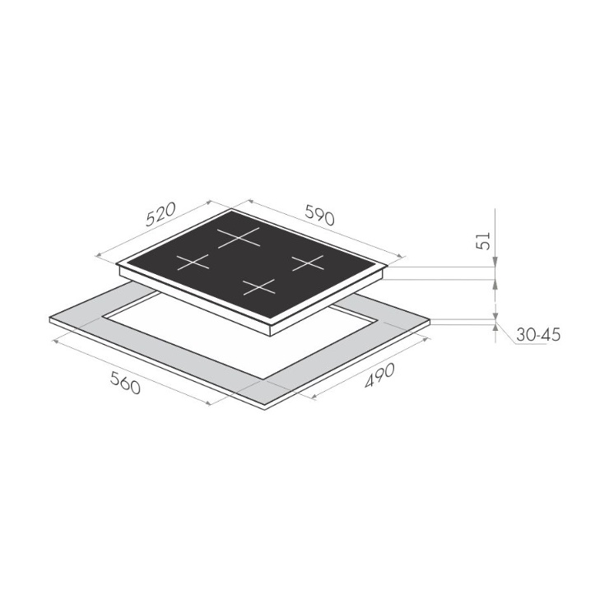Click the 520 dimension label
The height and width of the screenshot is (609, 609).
160,214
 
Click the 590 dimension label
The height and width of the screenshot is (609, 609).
319,215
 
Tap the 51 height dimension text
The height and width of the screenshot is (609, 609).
483,241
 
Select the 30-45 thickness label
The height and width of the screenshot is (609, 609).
539,334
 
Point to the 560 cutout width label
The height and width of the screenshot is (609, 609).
125,383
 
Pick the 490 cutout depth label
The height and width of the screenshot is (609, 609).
379,375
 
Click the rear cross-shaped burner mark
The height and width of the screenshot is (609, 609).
238,237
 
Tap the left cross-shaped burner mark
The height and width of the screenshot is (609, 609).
193,263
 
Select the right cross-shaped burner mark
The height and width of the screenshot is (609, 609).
308,263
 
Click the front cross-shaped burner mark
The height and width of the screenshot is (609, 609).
259,287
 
